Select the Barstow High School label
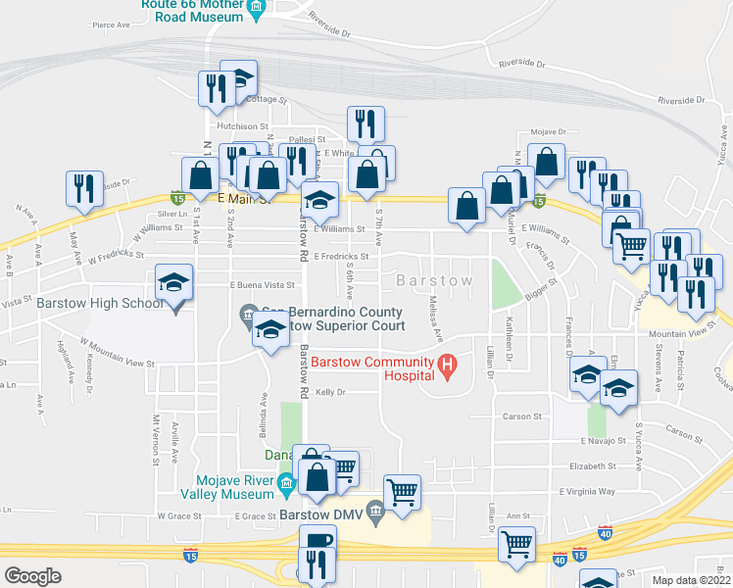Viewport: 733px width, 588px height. [100, 303]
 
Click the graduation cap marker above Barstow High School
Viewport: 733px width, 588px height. [172, 285]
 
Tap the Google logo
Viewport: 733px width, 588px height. [32, 576]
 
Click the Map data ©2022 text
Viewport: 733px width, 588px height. [691, 580]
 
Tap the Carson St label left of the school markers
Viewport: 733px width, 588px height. [523, 416]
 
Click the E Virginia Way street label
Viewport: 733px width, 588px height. [587, 491]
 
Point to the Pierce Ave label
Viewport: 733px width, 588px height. [111, 25]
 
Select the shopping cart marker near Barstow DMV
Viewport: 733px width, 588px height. [402, 492]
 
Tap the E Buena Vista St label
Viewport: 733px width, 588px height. [262, 285]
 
